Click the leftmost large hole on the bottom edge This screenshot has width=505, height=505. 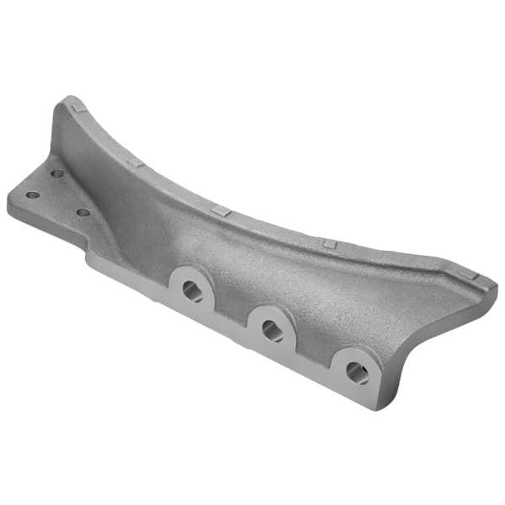click(193, 291)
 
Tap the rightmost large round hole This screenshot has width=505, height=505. click(358, 373)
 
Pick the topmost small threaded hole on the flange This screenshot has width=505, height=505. click(57, 173)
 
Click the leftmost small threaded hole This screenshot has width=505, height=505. click(33, 194)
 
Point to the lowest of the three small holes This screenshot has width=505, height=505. click(82, 212)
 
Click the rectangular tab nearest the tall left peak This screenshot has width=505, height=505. click(77, 107)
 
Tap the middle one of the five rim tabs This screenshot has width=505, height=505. click(221, 210)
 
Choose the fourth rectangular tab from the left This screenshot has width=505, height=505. click(330, 244)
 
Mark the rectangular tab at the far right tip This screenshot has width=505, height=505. click(471, 275)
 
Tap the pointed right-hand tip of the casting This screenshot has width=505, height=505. click(495, 291)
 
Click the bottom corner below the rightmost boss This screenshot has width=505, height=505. click(371, 408)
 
